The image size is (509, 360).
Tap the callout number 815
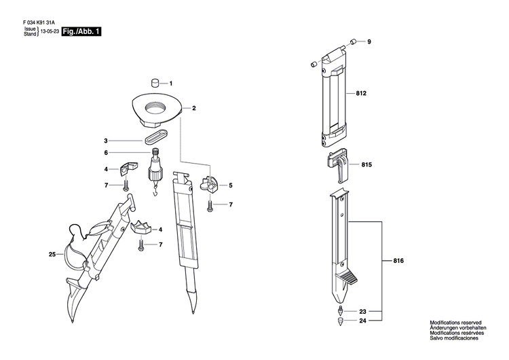point(367,165)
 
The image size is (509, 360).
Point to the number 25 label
point(52,255)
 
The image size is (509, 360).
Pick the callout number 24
point(363,302)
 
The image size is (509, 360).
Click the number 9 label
point(369,43)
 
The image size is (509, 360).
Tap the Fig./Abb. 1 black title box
point(81,32)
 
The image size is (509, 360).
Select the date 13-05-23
point(49,32)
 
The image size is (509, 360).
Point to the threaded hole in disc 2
point(158,107)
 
